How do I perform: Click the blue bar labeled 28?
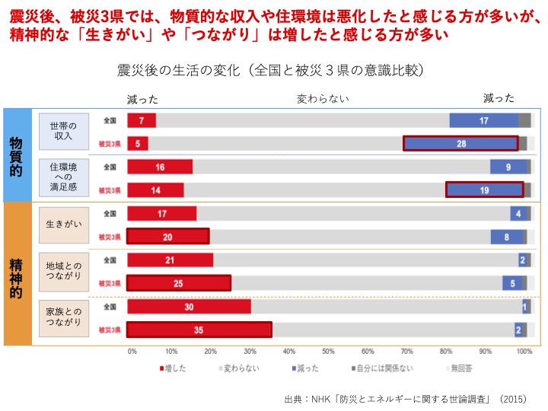click(x=460, y=143)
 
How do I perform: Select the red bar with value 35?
click(x=199, y=330)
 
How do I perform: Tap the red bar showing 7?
click(x=142, y=120)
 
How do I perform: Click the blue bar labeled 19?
click(x=485, y=190)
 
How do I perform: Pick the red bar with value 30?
click(x=189, y=307)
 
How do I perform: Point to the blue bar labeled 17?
click(x=483, y=120)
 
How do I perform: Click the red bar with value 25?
click(x=179, y=283)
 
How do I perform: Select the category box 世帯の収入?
click(x=62, y=131)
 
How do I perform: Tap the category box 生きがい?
click(x=62, y=225)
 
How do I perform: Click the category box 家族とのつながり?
click(x=62, y=317)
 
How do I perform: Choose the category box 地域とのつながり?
click(x=62, y=271)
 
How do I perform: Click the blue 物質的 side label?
click(x=16, y=155)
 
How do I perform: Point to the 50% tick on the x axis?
click(x=328, y=352)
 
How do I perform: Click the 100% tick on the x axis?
click(x=524, y=352)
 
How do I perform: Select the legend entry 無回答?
click(x=457, y=368)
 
